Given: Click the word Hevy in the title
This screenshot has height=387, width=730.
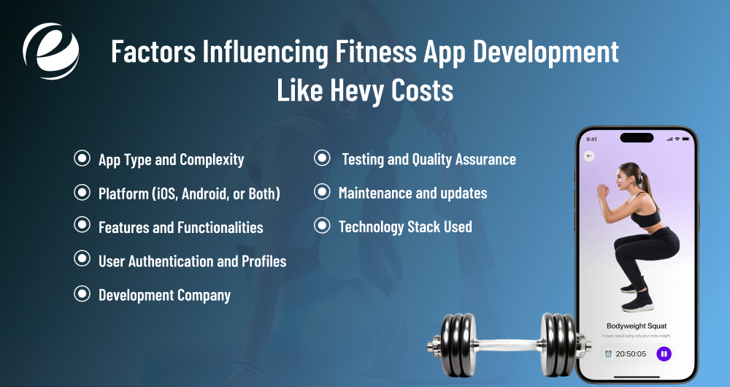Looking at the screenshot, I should pyautogui.click(x=353, y=91).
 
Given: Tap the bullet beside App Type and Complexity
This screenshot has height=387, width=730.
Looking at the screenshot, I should pyautogui.click(x=82, y=158).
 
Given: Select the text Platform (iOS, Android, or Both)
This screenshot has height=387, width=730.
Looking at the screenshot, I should pyautogui.click(x=189, y=193).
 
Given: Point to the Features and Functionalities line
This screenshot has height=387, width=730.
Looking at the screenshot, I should pyautogui.click(x=180, y=227).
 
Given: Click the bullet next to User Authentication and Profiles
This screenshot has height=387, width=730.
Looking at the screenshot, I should pyautogui.click(x=82, y=260).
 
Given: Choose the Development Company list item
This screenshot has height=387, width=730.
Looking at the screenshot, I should pyautogui.click(x=164, y=295).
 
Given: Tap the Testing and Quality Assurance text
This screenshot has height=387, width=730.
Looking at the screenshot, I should pyautogui.click(x=429, y=158).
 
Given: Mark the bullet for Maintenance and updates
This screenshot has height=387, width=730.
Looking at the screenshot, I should pyautogui.click(x=321, y=193).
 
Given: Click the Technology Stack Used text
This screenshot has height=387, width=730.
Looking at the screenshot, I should pyautogui.click(x=405, y=226).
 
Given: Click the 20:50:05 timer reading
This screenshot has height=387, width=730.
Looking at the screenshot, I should pyautogui.click(x=631, y=354).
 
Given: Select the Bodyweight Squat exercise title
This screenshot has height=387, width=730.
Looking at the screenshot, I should pyautogui.click(x=637, y=326).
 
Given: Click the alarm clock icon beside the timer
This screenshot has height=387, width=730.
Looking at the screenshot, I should pyautogui.click(x=608, y=354).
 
